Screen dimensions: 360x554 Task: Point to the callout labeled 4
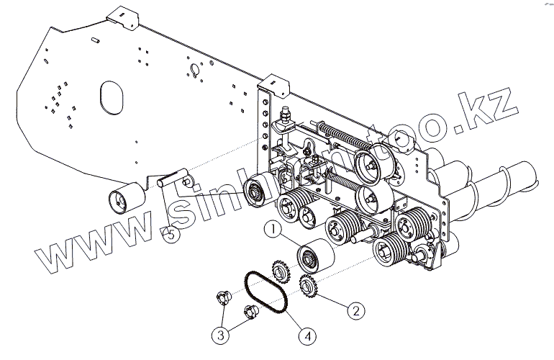(307, 335)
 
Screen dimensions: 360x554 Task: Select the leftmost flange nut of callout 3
(223, 297)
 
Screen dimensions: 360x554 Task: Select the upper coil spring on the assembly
(342, 134)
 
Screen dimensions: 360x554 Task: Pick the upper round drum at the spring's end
(372, 159)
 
